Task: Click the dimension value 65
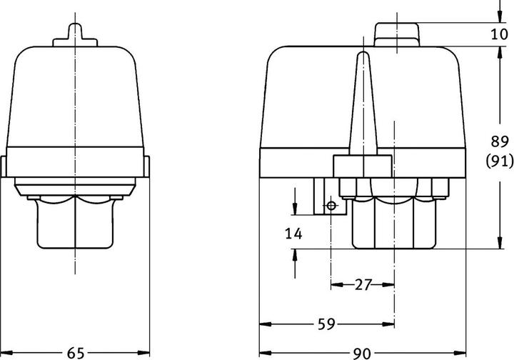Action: tap(76, 352)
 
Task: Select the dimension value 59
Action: tap(327, 324)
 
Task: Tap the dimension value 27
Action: tap(363, 285)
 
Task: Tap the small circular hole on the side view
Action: tap(331, 206)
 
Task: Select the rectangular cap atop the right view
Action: tap(397, 32)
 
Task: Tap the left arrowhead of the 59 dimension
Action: tap(263, 324)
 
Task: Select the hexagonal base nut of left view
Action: tap(76, 221)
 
